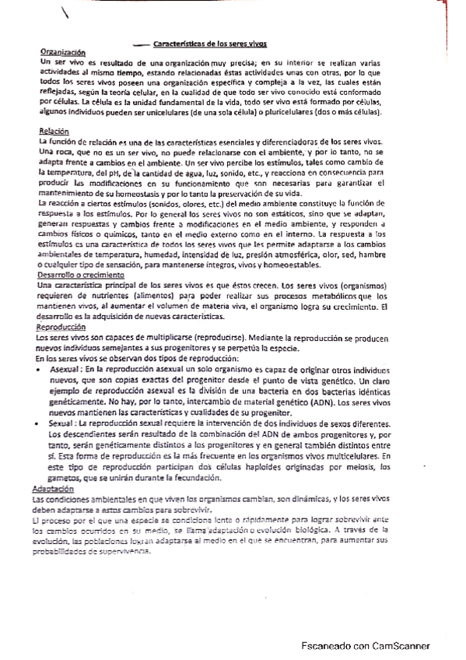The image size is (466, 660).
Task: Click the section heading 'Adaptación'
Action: pos(54,489)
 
